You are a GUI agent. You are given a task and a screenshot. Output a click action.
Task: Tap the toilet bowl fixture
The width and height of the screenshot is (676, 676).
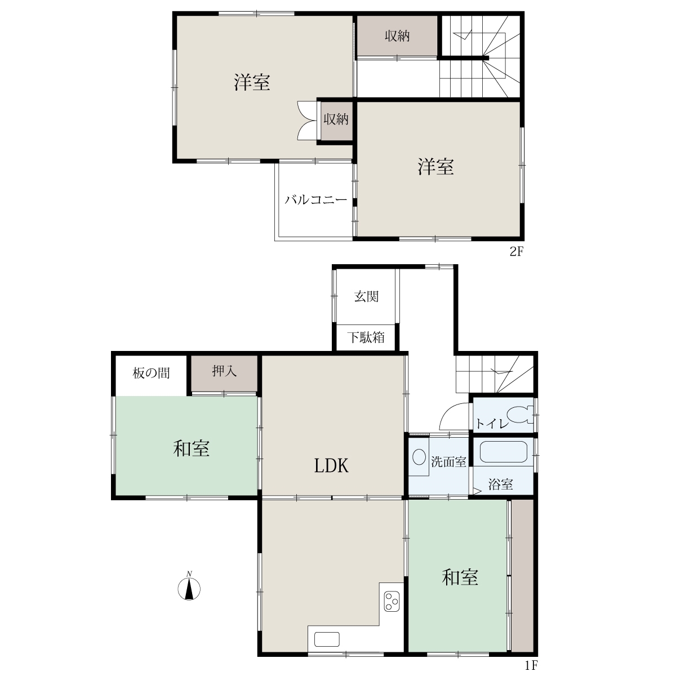pos(521,415)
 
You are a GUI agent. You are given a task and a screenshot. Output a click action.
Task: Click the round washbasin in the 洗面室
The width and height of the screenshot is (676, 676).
pos(419,457)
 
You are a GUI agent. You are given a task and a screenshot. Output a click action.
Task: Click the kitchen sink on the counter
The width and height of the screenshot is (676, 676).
pos(327,639)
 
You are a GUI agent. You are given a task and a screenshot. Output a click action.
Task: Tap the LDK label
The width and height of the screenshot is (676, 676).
pos(331,466)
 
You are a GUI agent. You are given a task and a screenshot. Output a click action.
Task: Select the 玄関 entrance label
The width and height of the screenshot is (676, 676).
pos(366,297)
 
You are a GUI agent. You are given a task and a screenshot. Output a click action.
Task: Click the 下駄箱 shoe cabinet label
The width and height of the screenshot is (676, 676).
pos(366,337)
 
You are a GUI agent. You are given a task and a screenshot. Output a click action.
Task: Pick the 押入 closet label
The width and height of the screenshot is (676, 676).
pos(224,371)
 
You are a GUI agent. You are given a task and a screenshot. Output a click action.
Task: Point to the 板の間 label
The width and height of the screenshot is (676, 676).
pos(151,373)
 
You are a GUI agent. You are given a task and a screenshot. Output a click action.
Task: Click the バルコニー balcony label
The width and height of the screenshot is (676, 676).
pos(315,200)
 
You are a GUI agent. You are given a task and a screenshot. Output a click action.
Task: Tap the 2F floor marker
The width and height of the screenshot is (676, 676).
pos(517,251)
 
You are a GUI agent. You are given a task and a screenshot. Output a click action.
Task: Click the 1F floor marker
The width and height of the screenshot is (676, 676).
pos(531,665)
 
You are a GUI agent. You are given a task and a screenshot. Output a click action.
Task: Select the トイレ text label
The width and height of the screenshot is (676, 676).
pos(492,424)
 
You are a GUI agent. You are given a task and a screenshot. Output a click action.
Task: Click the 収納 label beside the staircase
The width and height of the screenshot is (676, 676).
pos(397,36)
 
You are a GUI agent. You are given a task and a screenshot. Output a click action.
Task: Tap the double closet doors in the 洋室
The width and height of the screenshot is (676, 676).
pos(307,121)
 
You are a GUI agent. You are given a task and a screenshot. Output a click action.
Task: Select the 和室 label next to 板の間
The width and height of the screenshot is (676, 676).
pos(191,449)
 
